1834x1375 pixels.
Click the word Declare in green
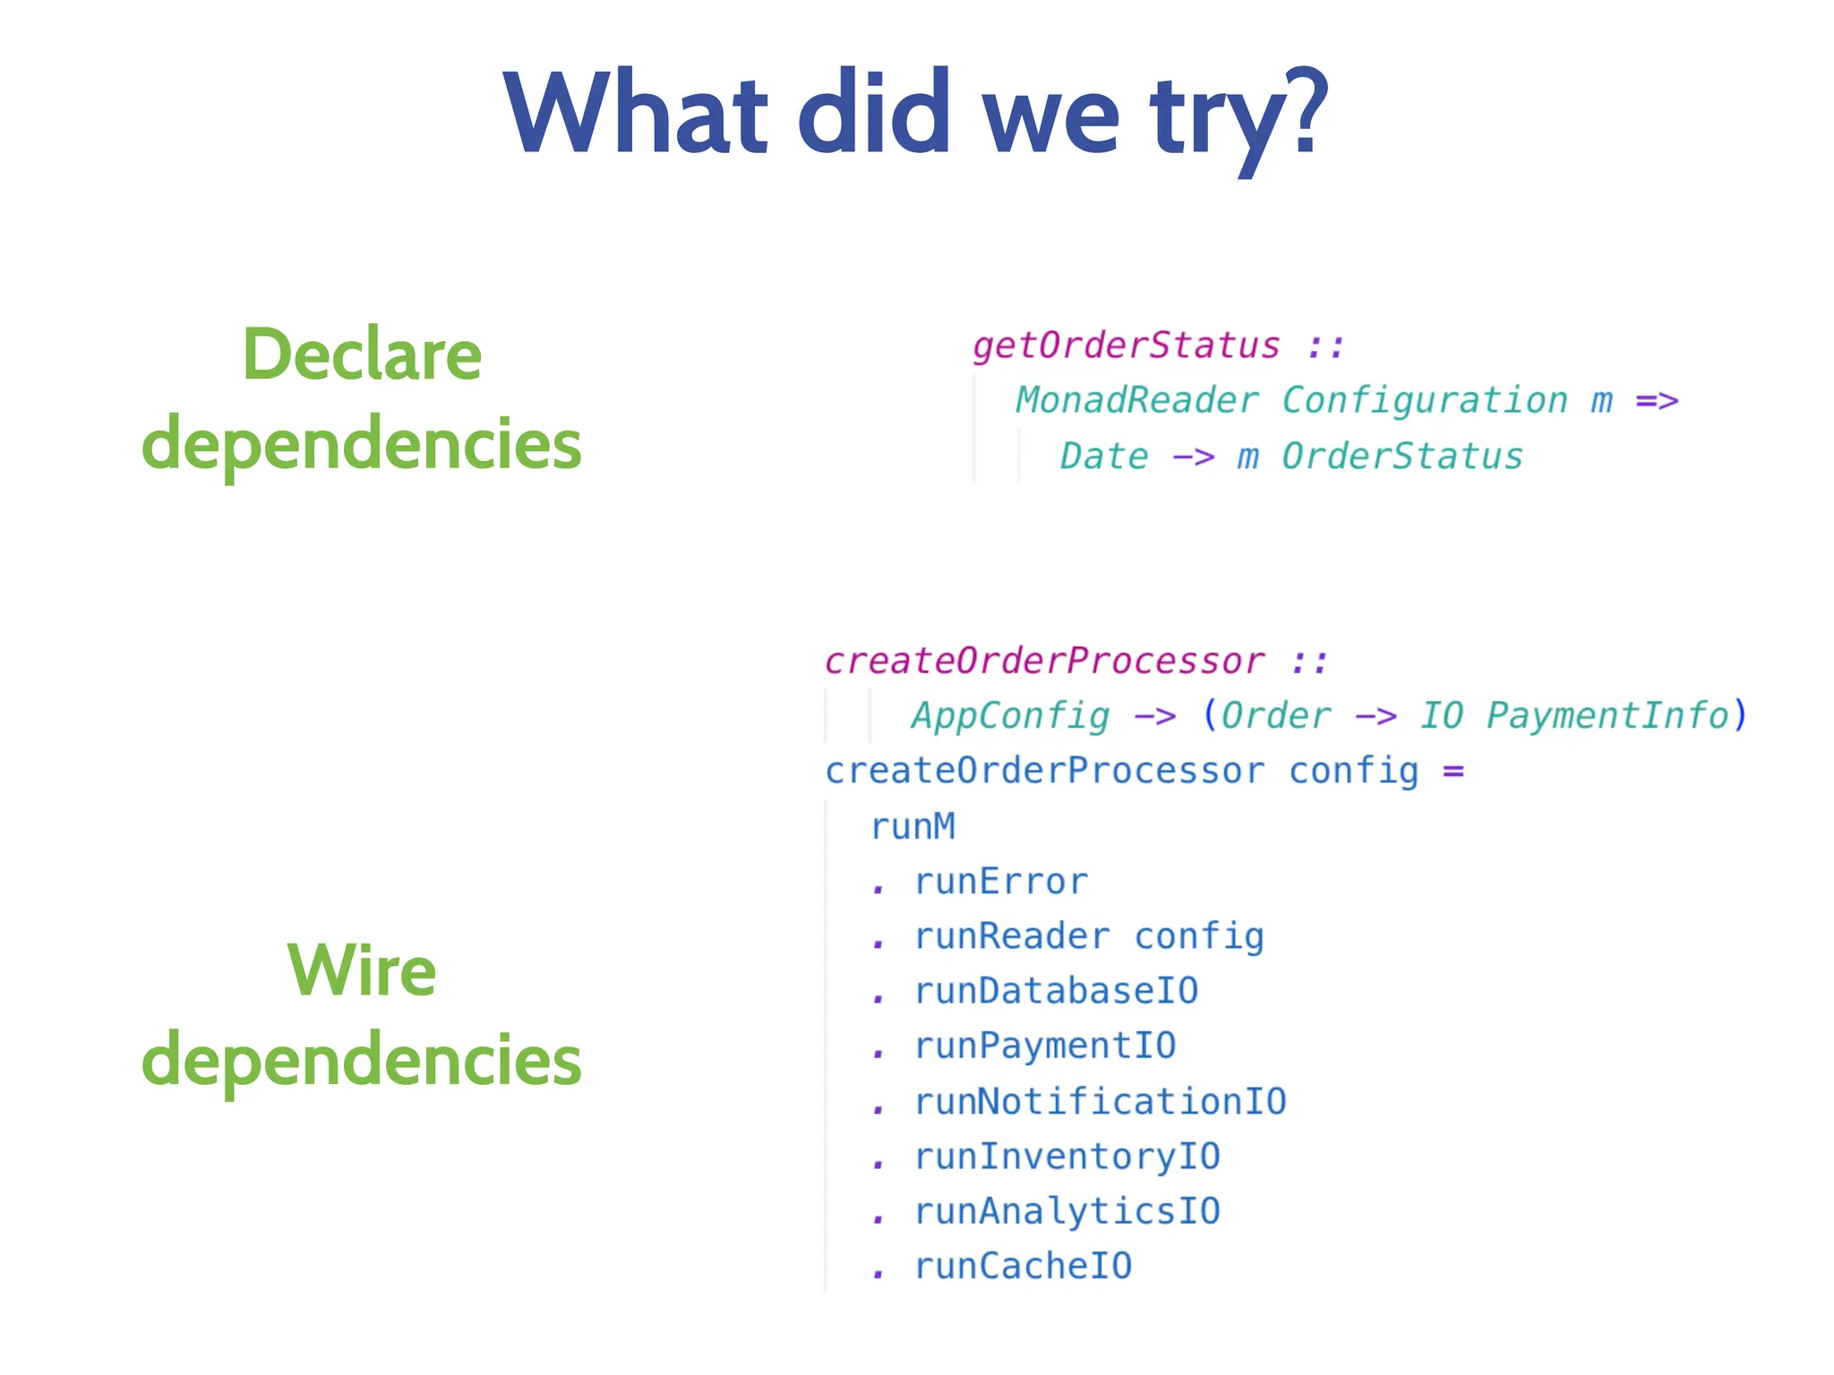[362, 355]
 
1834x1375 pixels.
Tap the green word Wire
[362, 970]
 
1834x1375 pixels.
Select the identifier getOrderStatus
[1127, 346]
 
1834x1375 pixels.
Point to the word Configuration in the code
[1425, 401]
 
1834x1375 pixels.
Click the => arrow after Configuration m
[1657, 401]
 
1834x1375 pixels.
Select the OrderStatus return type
[1402, 457]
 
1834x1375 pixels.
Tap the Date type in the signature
[1104, 457]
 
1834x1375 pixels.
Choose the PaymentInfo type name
[1608, 716]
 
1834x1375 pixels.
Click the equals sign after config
[1453, 772]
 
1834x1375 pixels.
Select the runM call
[913, 827]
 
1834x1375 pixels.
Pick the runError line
[1001, 883]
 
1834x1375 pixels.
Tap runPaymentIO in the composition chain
[1045, 1046]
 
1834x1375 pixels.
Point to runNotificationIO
[1101, 1102]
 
